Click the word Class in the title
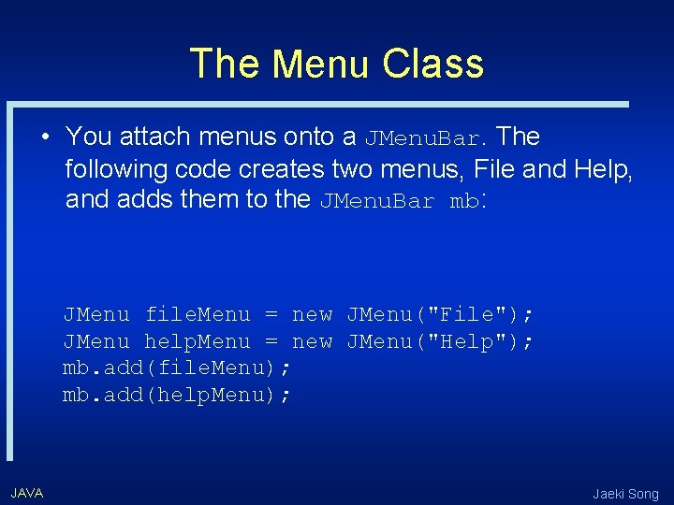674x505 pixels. coord(432,65)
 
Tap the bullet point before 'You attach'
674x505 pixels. coord(45,137)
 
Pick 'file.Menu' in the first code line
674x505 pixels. coord(198,315)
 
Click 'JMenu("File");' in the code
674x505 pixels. coord(440,315)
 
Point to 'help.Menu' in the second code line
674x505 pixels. coord(198,342)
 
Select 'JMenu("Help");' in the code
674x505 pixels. coord(440,342)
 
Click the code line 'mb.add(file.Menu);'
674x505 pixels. coord(177,368)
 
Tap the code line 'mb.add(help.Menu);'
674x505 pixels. coord(177,396)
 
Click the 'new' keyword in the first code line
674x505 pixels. coord(312,315)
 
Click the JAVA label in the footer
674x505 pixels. coord(26,493)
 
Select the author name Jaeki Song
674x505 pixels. coord(625,494)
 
